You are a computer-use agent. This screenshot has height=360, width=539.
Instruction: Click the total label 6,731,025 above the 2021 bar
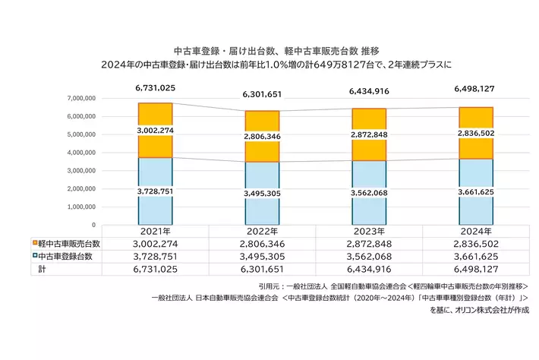click(x=155, y=88)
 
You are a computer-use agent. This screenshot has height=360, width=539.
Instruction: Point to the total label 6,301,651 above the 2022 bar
click(x=262, y=95)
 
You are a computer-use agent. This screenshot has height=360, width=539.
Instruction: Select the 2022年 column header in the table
click(x=262, y=232)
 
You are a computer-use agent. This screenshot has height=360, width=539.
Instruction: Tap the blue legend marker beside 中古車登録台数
click(x=35, y=257)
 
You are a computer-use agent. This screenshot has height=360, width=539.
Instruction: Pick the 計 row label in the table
click(x=41, y=270)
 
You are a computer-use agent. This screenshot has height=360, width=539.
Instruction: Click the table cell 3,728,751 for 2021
click(x=155, y=257)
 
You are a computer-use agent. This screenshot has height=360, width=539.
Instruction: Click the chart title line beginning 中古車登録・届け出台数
click(x=269, y=48)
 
